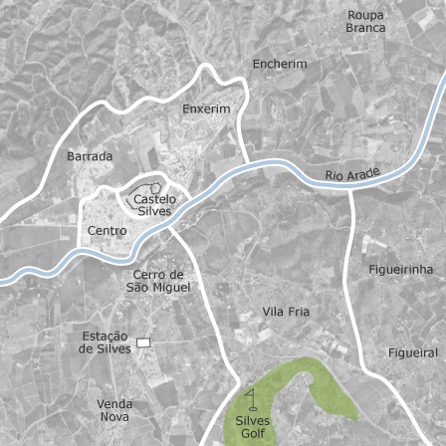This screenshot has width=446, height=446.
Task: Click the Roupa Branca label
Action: [x=365, y=21]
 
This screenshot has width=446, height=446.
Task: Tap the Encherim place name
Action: [x=280, y=64]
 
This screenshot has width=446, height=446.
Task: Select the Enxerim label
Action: [x=206, y=109]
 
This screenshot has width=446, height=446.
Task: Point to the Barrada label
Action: [x=90, y=156]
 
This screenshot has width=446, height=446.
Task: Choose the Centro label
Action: [x=108, y=231]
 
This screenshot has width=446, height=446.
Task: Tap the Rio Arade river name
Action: [x=353, y=176]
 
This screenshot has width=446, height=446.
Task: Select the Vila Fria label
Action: [x=286, y=312]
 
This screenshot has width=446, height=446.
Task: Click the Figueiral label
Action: [x=412, y=353]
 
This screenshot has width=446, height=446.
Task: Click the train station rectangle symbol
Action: [x=143, y=342]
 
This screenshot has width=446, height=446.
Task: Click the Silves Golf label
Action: [x=254, y=427]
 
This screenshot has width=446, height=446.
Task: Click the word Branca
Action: [x=365, y=28]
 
